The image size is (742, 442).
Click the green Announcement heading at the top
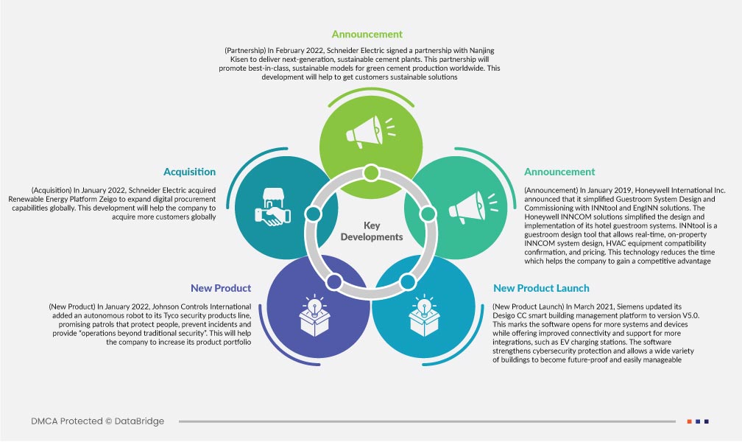(x=367, y=34)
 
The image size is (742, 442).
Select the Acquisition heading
(x=189, y=172)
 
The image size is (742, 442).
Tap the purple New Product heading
(x=221, y=288)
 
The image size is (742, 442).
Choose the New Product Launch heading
(x=541, y=288)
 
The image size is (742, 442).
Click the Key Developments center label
(x=372, y=231)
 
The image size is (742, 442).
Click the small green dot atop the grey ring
(x=371, y=173)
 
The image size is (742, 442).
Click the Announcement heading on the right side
(x=559, y=172)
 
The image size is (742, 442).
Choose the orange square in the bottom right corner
(x=689, y=421)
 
